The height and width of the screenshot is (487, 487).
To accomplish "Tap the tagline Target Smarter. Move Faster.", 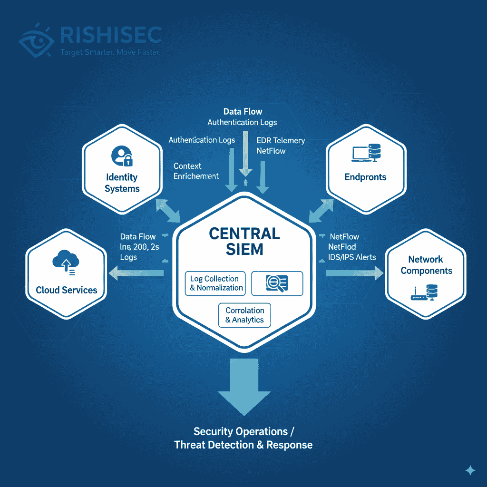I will [x=110, y=52].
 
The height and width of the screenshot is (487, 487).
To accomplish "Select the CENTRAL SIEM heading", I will [x=244, y=241].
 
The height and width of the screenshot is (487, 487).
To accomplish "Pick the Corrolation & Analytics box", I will [x=244, y=315].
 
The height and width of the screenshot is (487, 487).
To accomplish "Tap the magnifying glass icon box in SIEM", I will [x=277, y=283].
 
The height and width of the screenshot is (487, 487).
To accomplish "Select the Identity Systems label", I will [x=122, y=183].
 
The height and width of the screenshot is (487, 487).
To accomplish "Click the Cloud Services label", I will [x=67, y=290].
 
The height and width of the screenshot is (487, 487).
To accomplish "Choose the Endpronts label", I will [x=365, y=177].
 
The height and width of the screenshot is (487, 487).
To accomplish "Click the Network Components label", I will [x=426, y=265].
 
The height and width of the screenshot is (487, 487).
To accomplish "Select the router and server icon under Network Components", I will [x=425, y=292].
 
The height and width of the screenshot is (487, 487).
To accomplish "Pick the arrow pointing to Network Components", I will [x=354, y=273].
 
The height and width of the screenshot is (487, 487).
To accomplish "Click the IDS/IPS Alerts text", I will [x=352, y=257].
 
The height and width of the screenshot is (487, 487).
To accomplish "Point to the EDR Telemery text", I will [x=281, y=140].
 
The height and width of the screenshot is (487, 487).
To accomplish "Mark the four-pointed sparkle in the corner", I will [x=470, y=470].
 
